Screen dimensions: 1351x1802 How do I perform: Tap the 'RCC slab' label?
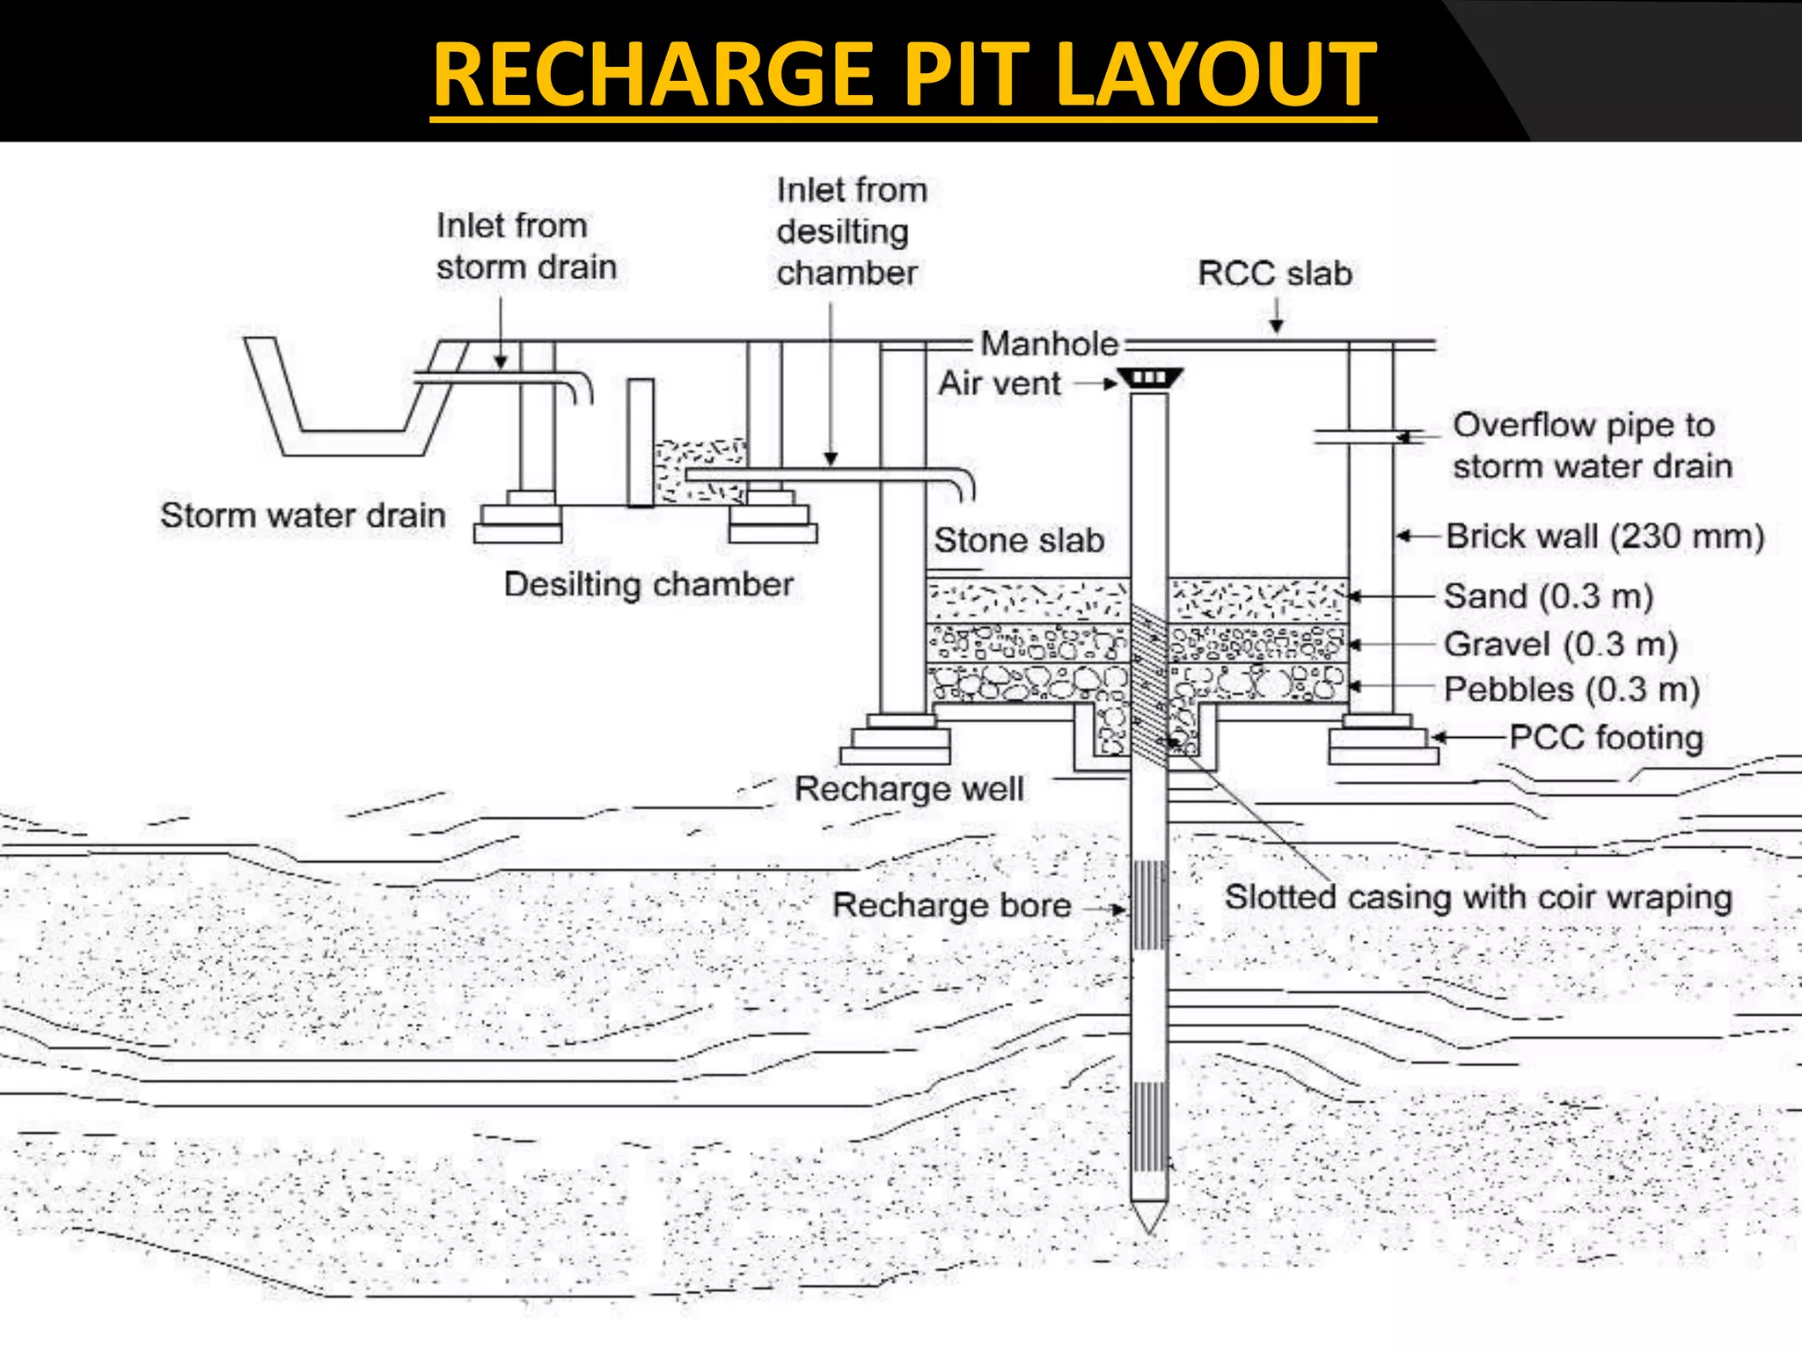pyautogui.click(x=1274, y=274)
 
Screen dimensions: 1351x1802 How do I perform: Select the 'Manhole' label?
pyautogui.click(x=1049, y=344)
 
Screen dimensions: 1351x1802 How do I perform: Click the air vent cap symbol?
pyautogui.click(x=1150, y=379)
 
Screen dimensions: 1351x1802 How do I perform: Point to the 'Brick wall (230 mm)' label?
pyautogui.click(x=1604, y=537)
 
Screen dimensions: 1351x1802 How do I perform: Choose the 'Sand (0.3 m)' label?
pyautogui.click(x=1549, y=596)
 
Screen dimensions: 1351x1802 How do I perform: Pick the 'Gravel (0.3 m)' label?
pyautogui.click(x=1560, y=645)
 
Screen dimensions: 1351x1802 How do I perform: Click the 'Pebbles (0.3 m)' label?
pyautogui.click(x=1571, y=690)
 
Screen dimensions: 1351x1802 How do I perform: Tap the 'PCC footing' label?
pyautogui.click(x=1606, y=738)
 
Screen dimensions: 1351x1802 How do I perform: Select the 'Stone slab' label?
pyautogui.click(x=1019, y=540)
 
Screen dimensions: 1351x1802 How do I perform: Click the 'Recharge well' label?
pyautogui.click(x=909, y=789)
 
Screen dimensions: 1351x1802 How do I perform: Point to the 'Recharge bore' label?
pyautogui.click(x=951, y=906)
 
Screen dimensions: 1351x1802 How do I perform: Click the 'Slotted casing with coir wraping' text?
pyautogui.click(x=1478, y=898)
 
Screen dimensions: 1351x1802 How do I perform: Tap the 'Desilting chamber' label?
pyautogui.click(x=648, y=585)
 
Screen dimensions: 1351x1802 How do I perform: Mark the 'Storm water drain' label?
pyautogui.click(x=303, y=515)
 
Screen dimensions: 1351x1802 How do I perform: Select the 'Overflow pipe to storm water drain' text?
pyautogui.click(x=1591, y=446)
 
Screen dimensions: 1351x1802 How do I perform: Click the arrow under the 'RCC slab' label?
pyautogui.click(x=1276, y=317)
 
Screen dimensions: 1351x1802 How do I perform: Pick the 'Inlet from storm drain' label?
pyautogui.click(x=525, y=246)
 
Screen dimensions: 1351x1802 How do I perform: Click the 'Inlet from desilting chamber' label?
pyautogui.click(x=850, y=231)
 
